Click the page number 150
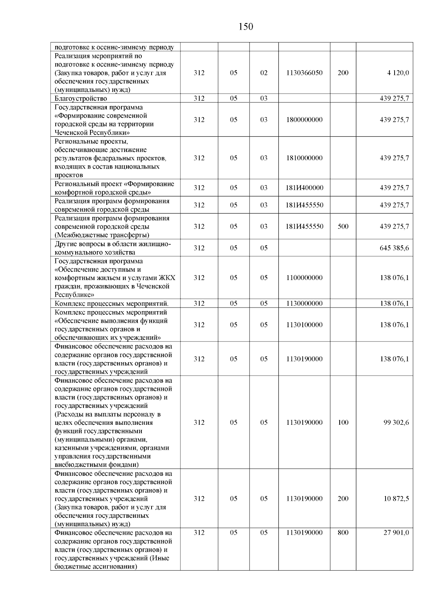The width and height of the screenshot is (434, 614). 246,27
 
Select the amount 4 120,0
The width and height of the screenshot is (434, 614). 398,73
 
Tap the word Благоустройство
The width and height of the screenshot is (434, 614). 81,98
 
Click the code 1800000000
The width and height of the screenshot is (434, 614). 304,120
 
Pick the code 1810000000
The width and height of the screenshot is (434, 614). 304,158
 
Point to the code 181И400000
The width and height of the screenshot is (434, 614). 305,188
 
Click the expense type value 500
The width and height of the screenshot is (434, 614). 343,226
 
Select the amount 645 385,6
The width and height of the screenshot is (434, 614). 394,248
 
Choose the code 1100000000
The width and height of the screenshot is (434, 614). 304,278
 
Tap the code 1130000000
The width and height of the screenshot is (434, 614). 304,304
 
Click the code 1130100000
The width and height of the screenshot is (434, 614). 304,325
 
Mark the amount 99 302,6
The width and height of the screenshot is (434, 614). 396,423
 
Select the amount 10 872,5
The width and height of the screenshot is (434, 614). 396,499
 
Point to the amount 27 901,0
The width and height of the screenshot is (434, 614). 396,533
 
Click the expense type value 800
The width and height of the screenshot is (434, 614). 343,533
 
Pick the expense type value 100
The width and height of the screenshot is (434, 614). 343,423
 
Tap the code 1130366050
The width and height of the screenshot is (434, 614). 304,73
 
